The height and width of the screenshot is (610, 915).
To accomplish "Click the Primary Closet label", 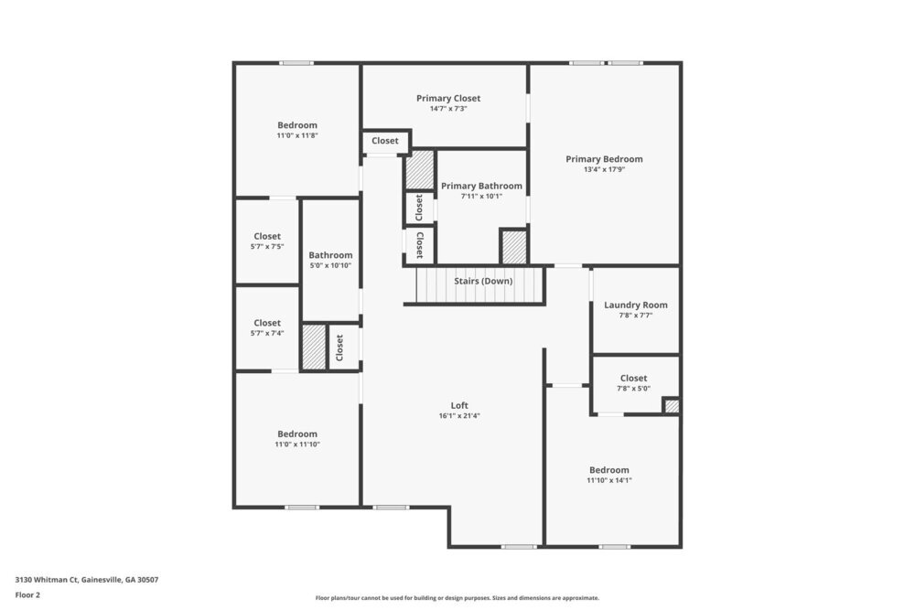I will click(448, 99).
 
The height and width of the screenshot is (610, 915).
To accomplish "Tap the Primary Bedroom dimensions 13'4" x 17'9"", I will click(604, 170).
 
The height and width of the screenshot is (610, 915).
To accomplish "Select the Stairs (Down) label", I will click(483, 281).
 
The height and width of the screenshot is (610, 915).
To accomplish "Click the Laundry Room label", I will click(636, 305).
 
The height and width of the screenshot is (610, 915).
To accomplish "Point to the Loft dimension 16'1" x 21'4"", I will click(459, 416).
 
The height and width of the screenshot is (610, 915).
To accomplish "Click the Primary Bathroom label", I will click(481, 187).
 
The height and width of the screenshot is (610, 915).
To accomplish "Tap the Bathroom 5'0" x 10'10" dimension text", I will click(330, 266).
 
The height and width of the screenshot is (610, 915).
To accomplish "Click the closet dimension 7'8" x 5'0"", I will click(633, 389).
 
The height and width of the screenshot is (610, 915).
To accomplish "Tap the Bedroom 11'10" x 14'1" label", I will click(609, 470).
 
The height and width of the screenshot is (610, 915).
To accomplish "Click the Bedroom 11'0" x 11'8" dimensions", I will click(297, 135).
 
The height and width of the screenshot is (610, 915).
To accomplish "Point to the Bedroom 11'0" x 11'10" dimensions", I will click(297, 444).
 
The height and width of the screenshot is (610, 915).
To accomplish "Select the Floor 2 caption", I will click(27, 594).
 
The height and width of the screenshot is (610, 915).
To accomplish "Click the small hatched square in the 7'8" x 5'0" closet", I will click(672, 406).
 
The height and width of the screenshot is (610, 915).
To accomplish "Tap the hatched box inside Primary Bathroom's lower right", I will click(514, 247).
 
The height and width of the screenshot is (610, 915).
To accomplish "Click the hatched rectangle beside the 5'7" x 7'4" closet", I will click(315, 347).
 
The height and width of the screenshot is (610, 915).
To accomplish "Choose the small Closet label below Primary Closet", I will click(385, 141).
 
